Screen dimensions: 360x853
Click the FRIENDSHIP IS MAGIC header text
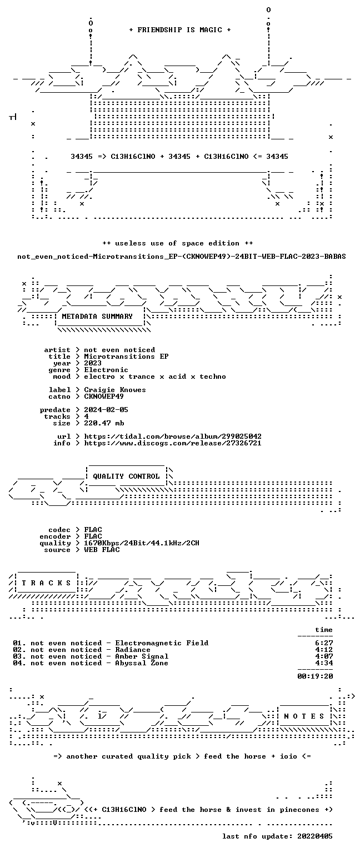180,30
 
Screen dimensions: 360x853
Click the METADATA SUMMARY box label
97,317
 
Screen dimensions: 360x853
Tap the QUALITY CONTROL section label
126,476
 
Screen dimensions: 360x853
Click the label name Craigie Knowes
115,390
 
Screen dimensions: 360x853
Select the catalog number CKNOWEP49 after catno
104,397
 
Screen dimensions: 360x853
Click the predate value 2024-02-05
106,410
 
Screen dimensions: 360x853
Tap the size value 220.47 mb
104,423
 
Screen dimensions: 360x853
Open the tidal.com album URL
173,436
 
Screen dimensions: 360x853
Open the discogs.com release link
173,443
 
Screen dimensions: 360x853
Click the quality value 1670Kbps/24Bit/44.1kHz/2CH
142,543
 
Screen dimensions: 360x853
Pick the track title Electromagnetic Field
162,643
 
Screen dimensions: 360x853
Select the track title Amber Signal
142,656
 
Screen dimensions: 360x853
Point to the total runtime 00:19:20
315,676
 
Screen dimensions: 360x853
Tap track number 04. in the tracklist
19,663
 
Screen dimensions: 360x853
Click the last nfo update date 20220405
315,836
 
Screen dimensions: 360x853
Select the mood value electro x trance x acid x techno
155,377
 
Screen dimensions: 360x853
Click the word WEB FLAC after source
102,550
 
